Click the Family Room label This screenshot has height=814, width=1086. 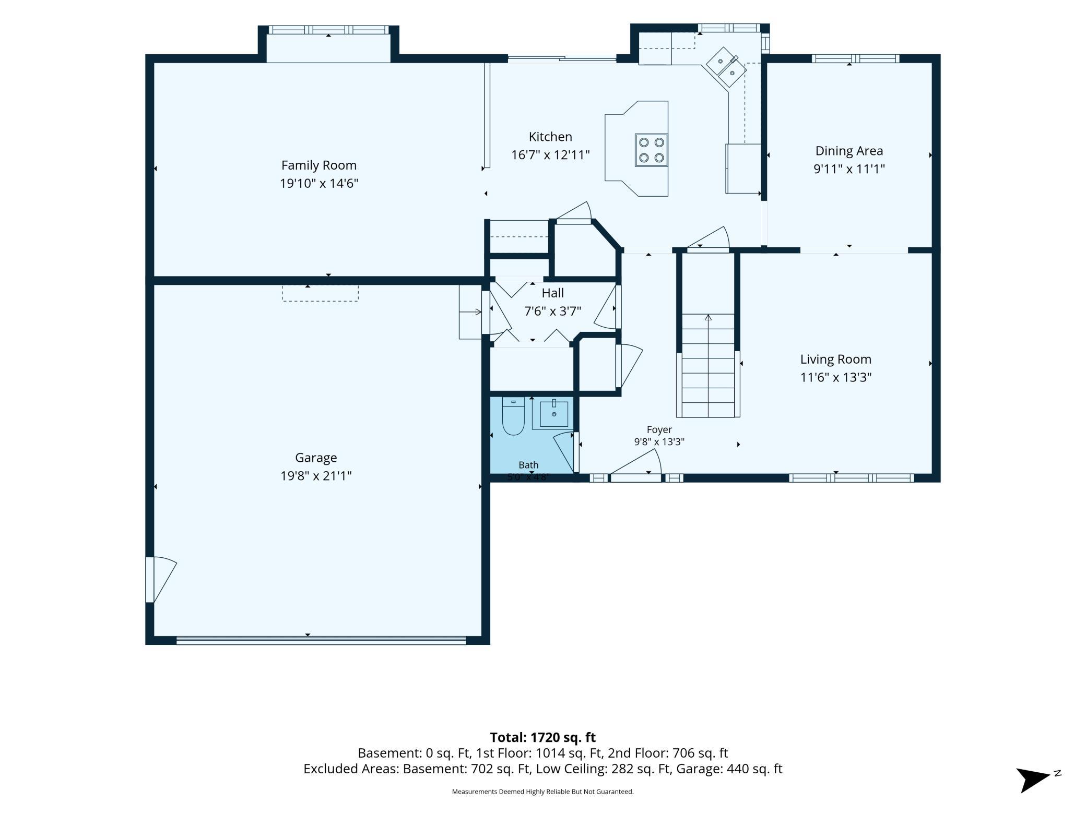tap(318, 165)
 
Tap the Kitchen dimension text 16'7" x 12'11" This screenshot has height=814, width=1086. tap(550, 155)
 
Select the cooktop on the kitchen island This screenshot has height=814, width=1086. tap(651, 150)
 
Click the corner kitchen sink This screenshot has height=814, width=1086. tap(726, 67)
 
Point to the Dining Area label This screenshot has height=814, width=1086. tap(849, 151)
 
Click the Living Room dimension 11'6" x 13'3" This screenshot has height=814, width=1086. tap(836, 377)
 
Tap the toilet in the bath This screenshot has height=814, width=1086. tap(513, 416)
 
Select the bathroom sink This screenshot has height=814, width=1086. tap(553, 414)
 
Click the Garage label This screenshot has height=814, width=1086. tap(316, 458)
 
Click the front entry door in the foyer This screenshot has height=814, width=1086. tap(636, 467)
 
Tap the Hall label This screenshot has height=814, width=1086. tap(552, 293)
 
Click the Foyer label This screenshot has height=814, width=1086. tap(659, 429)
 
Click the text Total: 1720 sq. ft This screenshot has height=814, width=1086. tap(542, 737)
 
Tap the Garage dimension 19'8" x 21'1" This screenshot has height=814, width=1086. tap(316, 476)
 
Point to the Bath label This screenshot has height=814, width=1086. tap(528, 465)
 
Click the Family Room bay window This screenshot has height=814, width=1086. tap(328, 30)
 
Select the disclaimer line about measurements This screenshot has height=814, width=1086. tap(542, 792)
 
